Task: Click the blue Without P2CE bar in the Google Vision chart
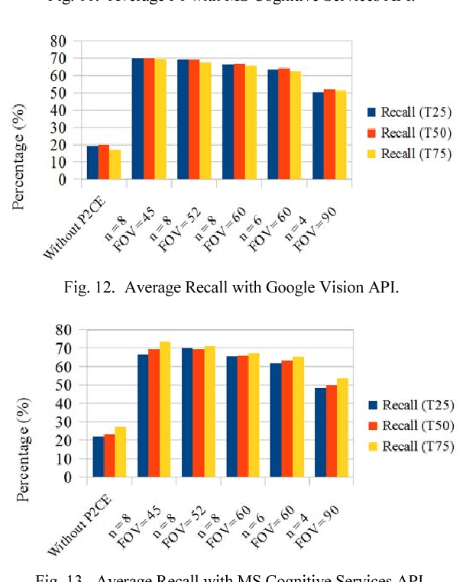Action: click(92, 163)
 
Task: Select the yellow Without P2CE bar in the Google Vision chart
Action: click(115, 165)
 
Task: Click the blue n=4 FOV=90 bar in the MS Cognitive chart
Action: click(320, 433)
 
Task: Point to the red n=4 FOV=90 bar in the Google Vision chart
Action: click(329, 134)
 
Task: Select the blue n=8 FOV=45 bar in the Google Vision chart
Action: click(138, 119)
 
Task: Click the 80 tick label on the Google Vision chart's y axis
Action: click(58, 40)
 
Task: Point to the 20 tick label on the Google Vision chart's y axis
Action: click(58, 145)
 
